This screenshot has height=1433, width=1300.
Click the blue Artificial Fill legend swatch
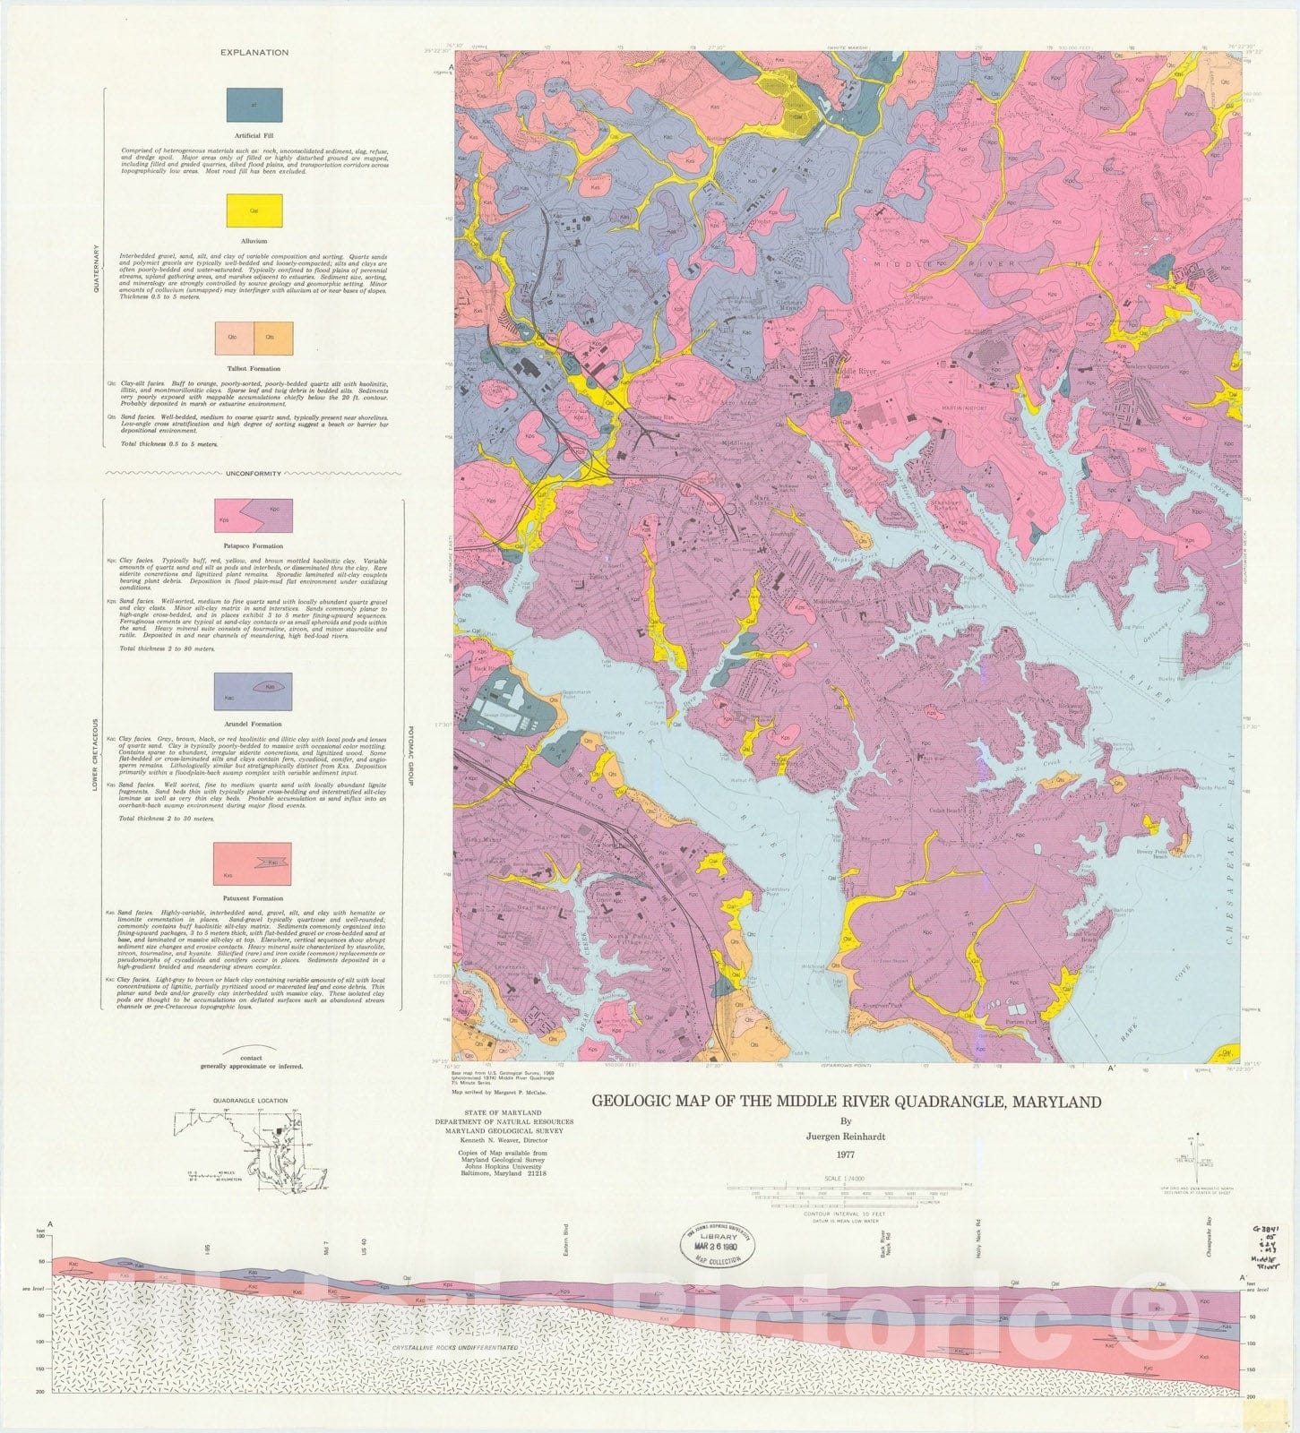click(x=254, y=105)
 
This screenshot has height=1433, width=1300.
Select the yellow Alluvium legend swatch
click(x=254, y=212)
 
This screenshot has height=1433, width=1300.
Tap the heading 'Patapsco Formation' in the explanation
click(x=254, y=545)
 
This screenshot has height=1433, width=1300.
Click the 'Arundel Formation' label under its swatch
click(x=254, y=724)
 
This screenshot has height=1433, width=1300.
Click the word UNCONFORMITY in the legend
click(x=254, y=474)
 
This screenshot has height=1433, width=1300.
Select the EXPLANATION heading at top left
click(x=254, y=53)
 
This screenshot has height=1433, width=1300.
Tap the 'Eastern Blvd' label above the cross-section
click(x=566, y=1239)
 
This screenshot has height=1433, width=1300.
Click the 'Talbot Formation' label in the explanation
click(x=254, y=369)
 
